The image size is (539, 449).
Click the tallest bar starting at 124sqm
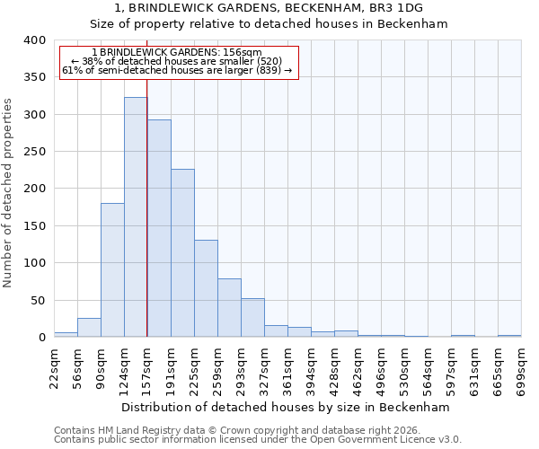point(136,217)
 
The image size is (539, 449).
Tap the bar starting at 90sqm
point(112,269)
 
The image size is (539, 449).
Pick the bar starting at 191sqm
point(182,253)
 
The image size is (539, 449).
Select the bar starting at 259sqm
point(229,308)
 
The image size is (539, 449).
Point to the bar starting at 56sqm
point(89,328)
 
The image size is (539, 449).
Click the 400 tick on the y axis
point(33,40)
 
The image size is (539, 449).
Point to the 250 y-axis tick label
point(33,152)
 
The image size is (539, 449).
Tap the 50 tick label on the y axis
point(37,300)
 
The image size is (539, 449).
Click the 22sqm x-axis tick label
point(55,364)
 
